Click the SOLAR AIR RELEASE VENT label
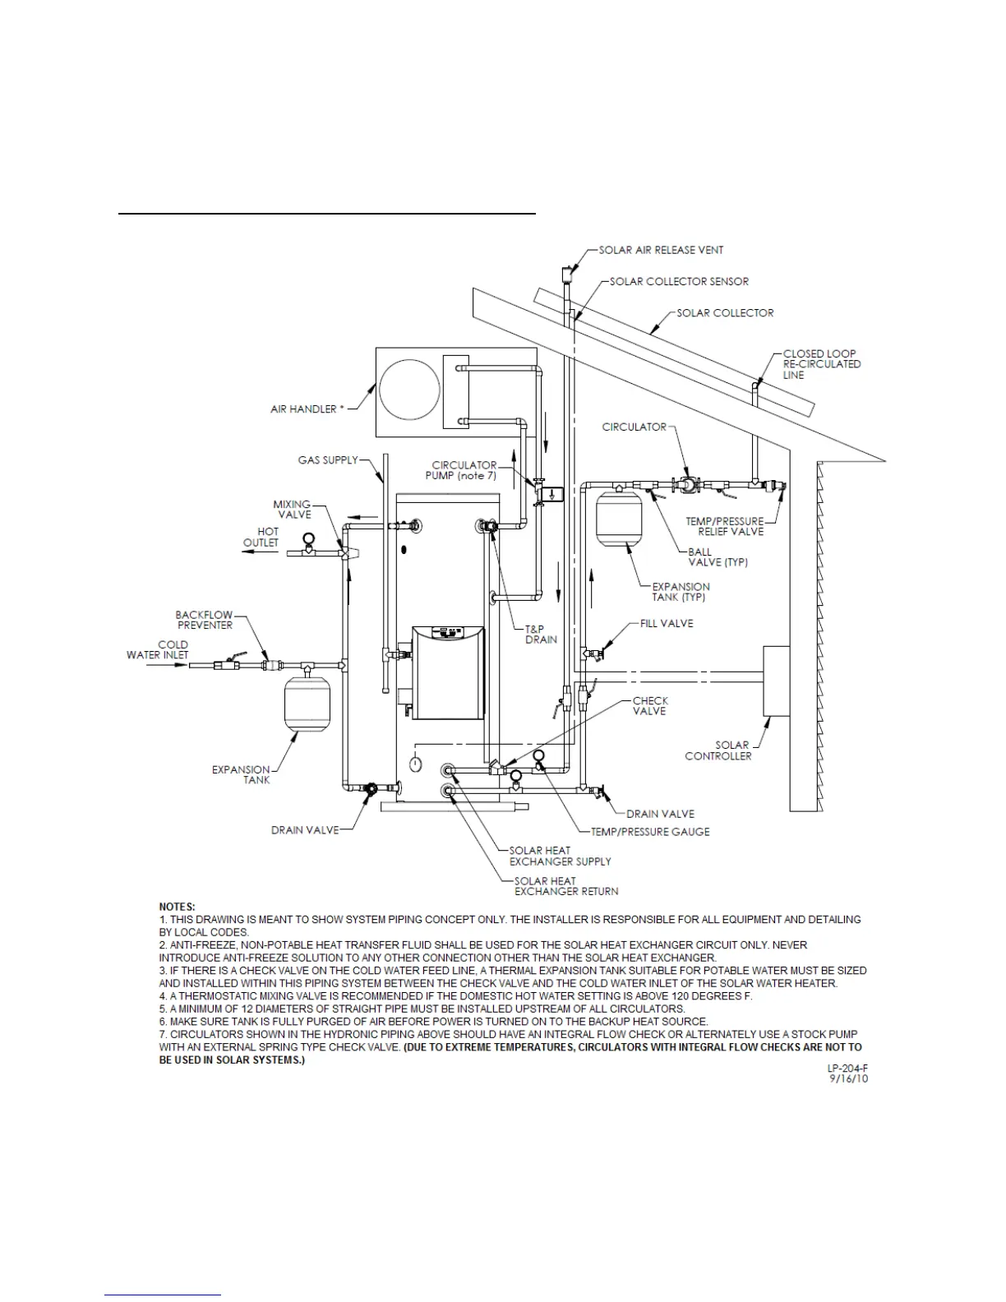661,250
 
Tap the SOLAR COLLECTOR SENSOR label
679,281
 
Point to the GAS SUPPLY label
328,459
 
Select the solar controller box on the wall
777,681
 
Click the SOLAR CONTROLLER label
718,750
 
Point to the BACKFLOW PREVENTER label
204,620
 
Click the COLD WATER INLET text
158,649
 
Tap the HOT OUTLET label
261,537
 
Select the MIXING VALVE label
293,509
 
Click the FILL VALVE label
667,623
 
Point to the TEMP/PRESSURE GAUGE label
650,831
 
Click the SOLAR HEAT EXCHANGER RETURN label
565,886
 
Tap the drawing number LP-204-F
847,1068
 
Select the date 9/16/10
849,1078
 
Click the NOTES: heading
177,906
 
